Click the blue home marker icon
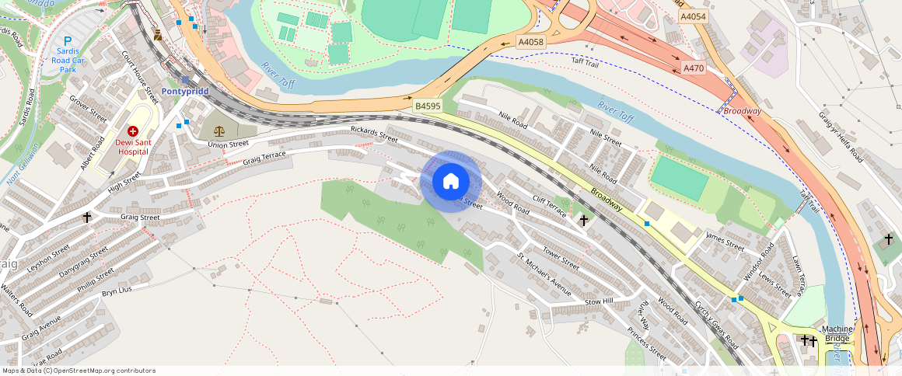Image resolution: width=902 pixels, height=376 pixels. click(x=450, y=182)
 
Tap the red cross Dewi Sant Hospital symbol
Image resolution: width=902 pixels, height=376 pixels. click(x=132, y=132)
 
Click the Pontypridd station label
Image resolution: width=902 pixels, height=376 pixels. click(x=186, y=91)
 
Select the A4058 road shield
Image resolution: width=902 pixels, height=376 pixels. click(x=531, y=42)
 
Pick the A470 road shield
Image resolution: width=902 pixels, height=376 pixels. click(x=693, y=68)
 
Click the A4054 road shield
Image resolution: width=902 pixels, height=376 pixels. click(x=693, y=16)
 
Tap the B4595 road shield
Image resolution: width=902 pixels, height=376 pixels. click(x=428, y=106)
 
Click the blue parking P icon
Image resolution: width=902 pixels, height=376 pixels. click(x=68, y=41)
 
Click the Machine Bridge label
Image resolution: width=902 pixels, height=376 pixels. click(x=837, y=334)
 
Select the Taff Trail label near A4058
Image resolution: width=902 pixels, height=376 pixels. click(x=586, y=61)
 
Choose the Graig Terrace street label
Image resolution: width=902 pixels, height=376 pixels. click(x=264, y=158)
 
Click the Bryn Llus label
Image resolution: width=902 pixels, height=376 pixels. click(x=117, y=291)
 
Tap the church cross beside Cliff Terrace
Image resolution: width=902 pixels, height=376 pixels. click(x=583, y=221)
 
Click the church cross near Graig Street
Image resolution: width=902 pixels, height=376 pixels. click(x=87, y=218)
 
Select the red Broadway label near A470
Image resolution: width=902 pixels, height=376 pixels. click(x=742, y=111)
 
